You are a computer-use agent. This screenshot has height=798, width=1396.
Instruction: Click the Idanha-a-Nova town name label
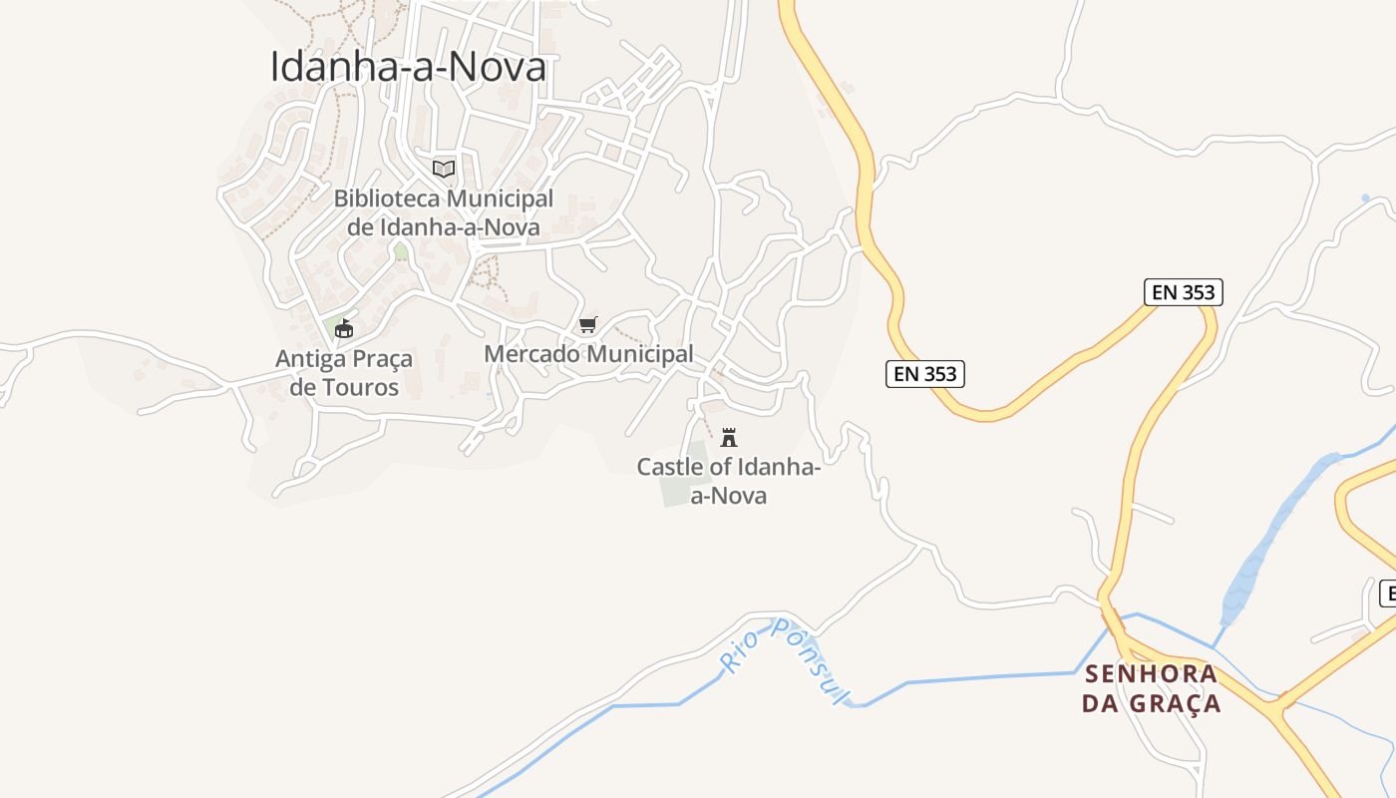409,67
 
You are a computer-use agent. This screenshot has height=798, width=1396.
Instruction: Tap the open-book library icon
444,169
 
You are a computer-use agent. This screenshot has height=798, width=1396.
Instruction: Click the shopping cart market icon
588,325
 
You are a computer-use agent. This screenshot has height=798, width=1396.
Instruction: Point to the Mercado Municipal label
588,354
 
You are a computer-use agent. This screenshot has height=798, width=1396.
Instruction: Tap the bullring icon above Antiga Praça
344,328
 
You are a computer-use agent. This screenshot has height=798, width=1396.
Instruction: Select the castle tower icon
729,437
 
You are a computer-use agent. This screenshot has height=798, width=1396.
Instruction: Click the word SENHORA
1151,674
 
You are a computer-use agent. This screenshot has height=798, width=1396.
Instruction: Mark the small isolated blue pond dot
1365,199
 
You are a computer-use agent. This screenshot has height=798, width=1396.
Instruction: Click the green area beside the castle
681,485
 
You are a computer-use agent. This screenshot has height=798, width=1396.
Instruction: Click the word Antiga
311,359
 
